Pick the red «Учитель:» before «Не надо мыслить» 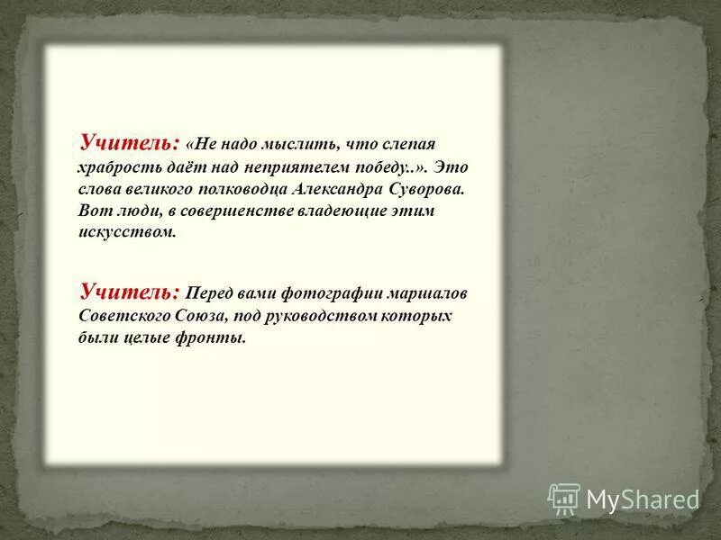[x=130, y=142]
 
